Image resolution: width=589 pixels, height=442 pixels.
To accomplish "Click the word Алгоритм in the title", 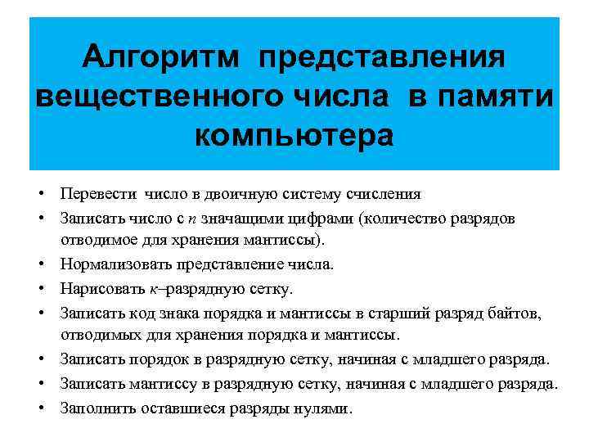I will (162, 57).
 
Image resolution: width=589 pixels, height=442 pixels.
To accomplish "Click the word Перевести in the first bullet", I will (99, 194).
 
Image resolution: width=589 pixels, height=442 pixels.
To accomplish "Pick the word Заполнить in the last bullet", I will (97, 408).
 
